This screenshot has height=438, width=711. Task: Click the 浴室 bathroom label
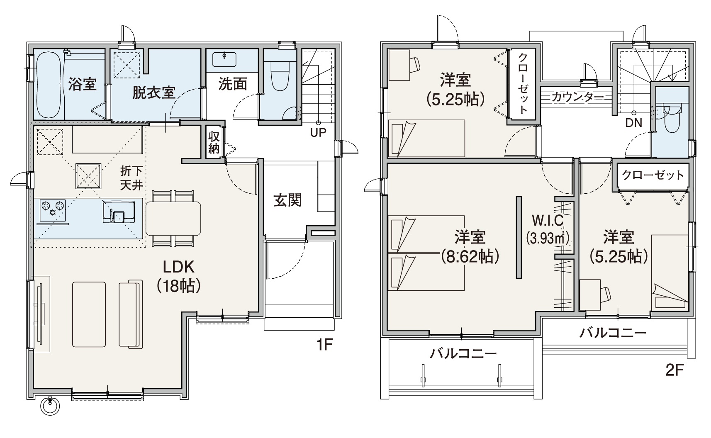[82, 84]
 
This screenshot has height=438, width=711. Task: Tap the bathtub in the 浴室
[49, 85]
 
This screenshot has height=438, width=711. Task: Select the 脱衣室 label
[153, 92]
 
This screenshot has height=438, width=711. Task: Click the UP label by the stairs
[318, 132]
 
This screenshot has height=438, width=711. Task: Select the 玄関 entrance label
[287, 200]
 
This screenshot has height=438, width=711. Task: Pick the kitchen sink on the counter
[119, 212]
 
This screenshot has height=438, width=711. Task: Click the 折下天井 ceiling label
[131, 178]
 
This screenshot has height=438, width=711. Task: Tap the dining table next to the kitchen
[173, 218]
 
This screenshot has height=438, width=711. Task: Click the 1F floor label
[324, 344]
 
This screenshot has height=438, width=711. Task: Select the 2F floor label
[674, 370]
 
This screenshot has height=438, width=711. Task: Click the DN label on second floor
[633, 123]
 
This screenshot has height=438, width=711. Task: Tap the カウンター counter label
[577, 97]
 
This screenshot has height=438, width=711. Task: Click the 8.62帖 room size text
[470, 256]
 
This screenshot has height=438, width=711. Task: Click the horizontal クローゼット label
[653, 175]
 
